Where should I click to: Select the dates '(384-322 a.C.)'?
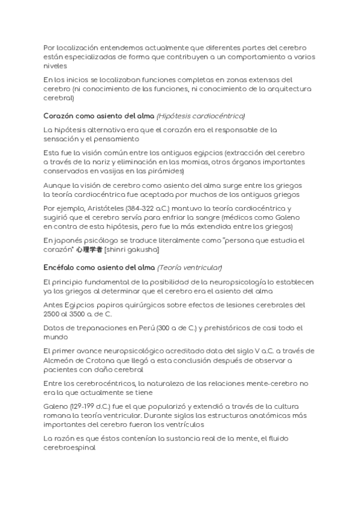[x=147, y=207]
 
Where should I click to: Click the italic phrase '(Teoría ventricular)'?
[x=190, y=267]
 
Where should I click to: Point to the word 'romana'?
[x=59, y=416]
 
